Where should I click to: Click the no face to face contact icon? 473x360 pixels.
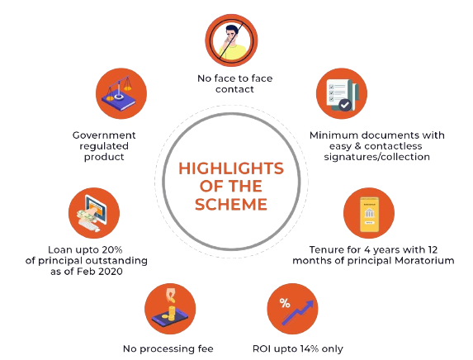(x=231, y=40)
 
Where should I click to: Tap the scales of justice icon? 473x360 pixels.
(x=121, y=93)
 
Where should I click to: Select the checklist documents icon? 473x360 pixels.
(x=342, y=93)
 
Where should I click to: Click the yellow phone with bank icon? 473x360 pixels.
(x=369, y=213)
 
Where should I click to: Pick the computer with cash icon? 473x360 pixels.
(x=94, y=213)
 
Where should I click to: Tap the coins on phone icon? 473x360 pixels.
(x=170, y=309)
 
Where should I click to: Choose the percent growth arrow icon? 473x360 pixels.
(x=292, y=309)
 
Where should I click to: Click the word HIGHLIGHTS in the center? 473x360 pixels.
(x=231, y=168)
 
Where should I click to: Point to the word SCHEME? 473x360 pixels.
(x=231, y=204)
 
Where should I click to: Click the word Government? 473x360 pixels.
(x=104, y=135)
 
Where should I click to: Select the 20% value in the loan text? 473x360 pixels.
(x=112, y=250)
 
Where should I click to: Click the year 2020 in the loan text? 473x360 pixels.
(x=111, y=272)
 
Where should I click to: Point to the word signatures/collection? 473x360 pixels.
(x=376, y=157)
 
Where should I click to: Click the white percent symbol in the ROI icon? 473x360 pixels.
(x=285, y=303)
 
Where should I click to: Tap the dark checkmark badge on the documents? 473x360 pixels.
(x=345, y=105)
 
